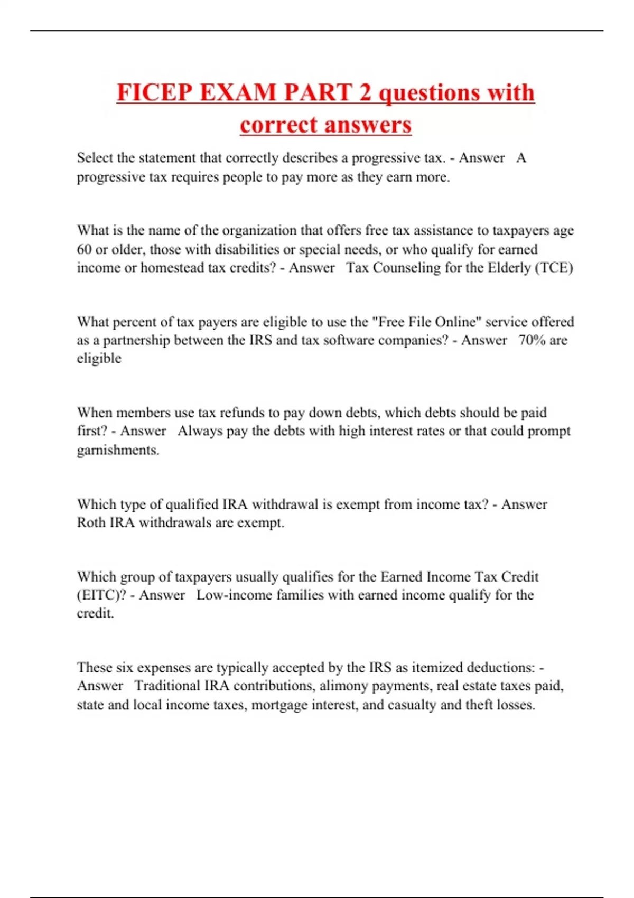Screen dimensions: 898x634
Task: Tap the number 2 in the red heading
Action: (x=365, y=93)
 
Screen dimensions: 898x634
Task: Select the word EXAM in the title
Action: (x=239, y=93)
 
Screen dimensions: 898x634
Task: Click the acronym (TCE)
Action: (x=554, y=268)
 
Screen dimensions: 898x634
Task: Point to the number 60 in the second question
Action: (x=85, y=249)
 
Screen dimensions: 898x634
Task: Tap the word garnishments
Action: (x=118, y=450)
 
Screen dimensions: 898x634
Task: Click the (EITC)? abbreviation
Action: (x=102, y=595)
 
